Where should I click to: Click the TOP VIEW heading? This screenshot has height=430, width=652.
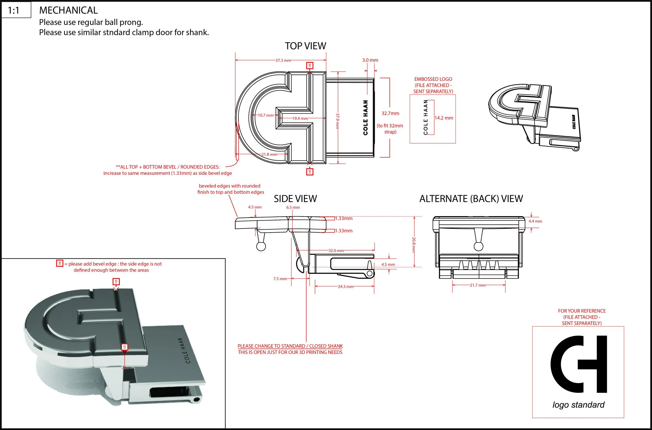tap(305, 46)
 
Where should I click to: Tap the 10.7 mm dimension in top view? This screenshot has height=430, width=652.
tap(265, 115)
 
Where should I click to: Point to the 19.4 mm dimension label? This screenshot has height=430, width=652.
tap(300, 119)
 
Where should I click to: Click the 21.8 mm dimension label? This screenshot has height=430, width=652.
tap(269, 154)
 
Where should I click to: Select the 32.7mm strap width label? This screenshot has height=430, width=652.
tap(390, 113)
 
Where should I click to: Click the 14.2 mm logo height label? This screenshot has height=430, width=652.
tap(444, 118)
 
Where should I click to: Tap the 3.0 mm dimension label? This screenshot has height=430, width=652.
tap(370, 60)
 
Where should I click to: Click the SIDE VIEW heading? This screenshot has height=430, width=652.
tap(295, 199)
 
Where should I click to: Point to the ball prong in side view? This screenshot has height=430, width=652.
tap(261, 246)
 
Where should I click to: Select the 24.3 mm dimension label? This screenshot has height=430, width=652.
tap(346, 287)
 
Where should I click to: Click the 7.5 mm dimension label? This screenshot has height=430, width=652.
tap(280, 279)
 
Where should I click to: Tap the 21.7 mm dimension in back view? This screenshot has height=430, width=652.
tap(478, 285)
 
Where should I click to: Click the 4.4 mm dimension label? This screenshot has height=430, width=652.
tap(535, 221)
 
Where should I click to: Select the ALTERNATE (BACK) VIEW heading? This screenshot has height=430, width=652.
tap(471, 199)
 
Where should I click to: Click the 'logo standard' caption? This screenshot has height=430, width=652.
tap(578, 405)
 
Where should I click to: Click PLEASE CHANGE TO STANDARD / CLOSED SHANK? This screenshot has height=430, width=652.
tap(290, 346)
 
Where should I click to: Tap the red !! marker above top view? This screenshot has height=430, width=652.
tap(310, 65)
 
